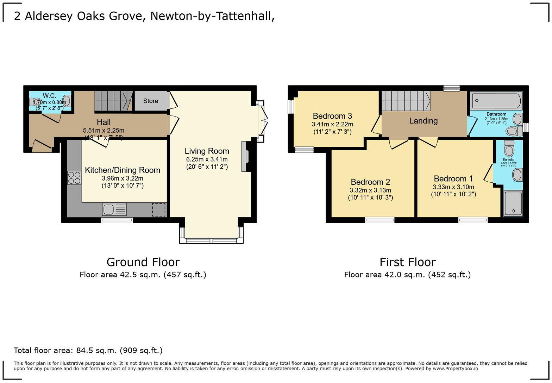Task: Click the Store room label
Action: click(151, 101)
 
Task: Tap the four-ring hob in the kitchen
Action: click(74, 177)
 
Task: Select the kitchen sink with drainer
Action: click(114, 209)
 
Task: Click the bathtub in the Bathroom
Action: click(496, 101)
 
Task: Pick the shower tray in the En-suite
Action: click(513, 203)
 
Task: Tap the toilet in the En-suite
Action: click(509, 149)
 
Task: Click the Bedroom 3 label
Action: click(332, 116)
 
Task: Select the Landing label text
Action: click(423, 121)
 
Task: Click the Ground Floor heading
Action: click(143, 262)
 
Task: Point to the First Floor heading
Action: click(407, 262)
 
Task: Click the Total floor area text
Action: click(88, 350)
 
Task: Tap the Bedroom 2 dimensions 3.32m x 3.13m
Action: click(370, 190)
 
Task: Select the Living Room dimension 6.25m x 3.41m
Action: click(207, 159)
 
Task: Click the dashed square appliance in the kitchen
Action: click(159, 209)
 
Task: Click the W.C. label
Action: click(50, 96)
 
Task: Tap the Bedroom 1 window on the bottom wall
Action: click(473, 220)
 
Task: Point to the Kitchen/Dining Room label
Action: click(123, 170)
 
